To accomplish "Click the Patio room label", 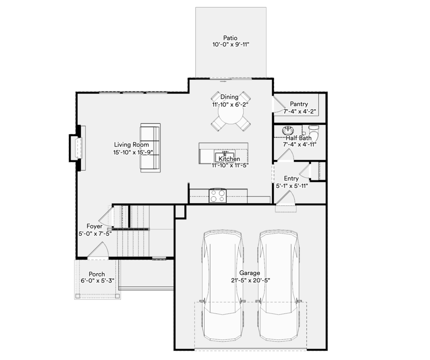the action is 231,38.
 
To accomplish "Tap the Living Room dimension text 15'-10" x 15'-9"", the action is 133,152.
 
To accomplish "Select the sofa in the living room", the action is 150,148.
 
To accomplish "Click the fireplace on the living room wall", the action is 77,148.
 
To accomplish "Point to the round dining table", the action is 231,112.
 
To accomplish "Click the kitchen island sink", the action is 224,156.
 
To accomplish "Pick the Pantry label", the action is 299,104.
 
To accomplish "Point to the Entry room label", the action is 291,179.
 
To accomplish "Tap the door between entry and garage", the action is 286,198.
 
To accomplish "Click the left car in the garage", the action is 223,286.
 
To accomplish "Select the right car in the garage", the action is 278,286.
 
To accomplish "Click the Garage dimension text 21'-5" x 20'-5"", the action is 250,280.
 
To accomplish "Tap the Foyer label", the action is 94,226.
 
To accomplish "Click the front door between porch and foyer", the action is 98,251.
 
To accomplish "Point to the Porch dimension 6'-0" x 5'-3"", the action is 97,281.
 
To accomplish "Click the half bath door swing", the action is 286,155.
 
